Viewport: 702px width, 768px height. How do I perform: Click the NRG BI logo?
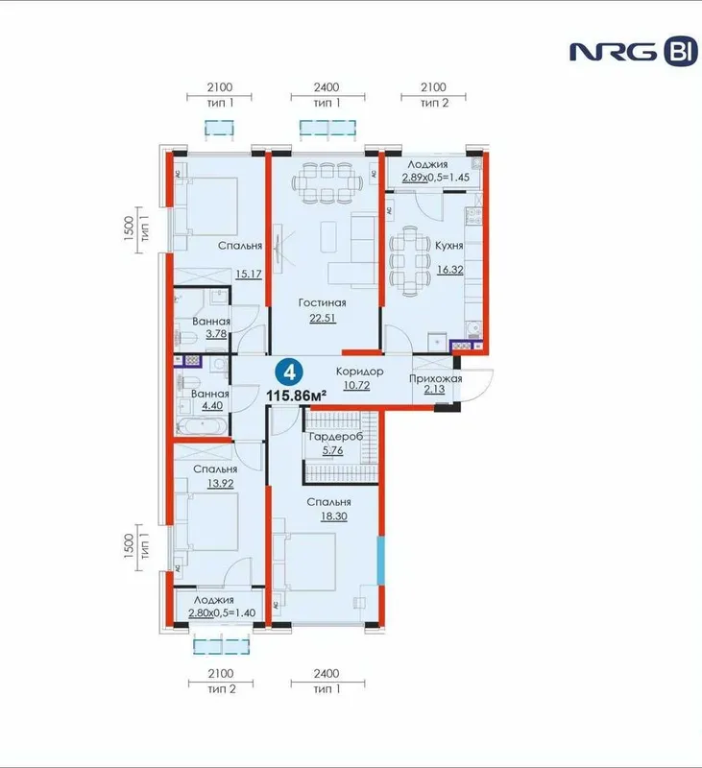634,52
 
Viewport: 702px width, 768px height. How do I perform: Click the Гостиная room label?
323,302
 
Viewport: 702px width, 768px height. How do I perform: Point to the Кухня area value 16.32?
449,270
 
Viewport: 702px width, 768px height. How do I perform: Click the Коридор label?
359,372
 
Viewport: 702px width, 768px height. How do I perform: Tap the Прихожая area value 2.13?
434,389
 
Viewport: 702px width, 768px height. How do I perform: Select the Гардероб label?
335,437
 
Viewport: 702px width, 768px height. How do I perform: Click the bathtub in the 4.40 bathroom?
202,425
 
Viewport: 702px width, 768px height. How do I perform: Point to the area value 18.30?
333,516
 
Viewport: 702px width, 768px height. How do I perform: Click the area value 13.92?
220,484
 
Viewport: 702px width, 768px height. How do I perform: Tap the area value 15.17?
249,274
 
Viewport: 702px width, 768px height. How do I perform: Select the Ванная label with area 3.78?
211,322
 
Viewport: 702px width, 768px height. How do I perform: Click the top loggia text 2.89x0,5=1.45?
435,178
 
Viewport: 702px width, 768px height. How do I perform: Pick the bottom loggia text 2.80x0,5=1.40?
222,612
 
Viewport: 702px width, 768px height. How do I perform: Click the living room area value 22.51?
323,318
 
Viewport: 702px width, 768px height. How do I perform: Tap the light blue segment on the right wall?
380,561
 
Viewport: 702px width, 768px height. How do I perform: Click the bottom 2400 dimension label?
327,674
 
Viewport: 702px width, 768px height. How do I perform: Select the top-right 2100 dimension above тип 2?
433,87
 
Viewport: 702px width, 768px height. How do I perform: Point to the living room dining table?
327,183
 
